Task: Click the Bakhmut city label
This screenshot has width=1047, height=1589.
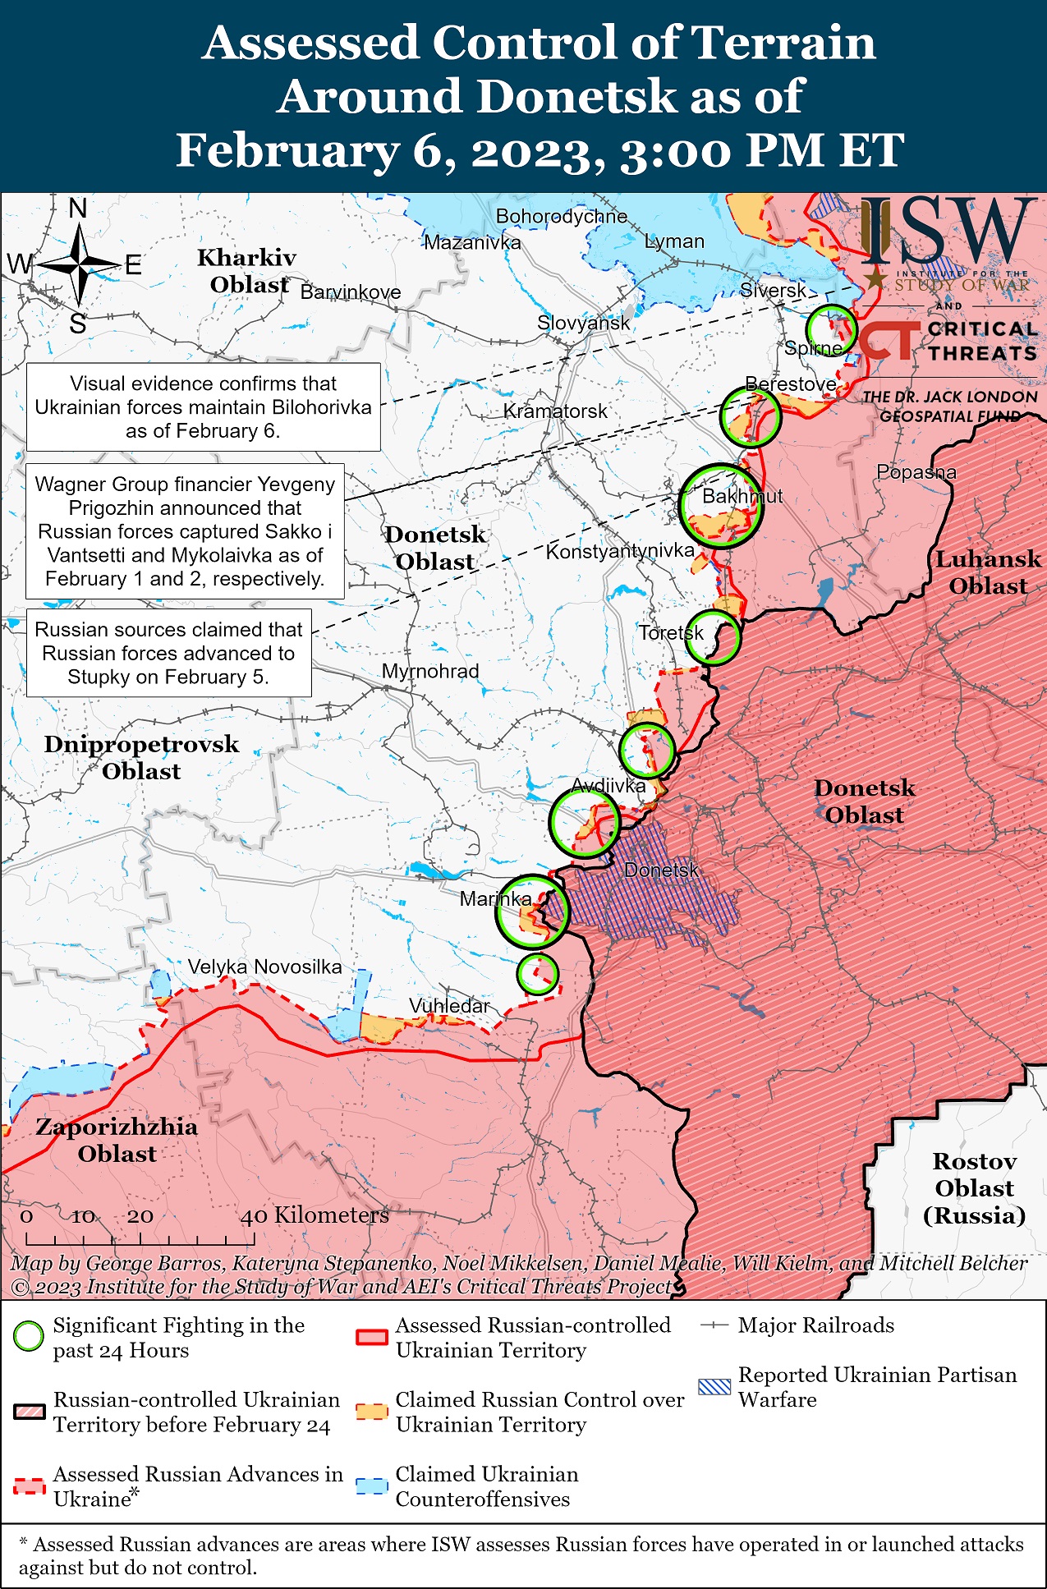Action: pyautogui.click(x=742, y=496)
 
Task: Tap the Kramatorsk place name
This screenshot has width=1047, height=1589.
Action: pyautogui.click(x=555, y=411)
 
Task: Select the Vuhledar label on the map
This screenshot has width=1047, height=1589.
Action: pyautogui.click(x=449, y=1006)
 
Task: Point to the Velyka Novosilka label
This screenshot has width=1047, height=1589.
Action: pyautogui.click(x=264, y=967)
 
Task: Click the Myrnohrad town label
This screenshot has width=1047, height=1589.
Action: pyautogui.click(x=430, y=671)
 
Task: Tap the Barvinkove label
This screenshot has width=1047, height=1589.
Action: pyautogui.click(x=351, y=292)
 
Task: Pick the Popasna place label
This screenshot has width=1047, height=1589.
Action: pyautogui.click(x=916, y=472)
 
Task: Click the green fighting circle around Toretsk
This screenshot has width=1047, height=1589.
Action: pyautogui.click(x=713, y=637)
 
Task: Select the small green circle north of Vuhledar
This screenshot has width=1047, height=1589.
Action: pyautogui.click(x=538, y=974)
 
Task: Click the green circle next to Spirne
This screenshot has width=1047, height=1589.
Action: pyautogui.click(x=830, y=329)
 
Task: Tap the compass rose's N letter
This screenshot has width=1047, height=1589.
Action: pyautogui.click(x=77, y=209)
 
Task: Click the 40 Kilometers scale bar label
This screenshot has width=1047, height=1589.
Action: pyautogui.click(x=314, y=1215)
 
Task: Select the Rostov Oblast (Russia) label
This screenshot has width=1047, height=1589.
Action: pyautogui.click(x=974, y=1187)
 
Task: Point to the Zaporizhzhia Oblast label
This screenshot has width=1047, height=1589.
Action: pyautogui.click(x=117, y=1140)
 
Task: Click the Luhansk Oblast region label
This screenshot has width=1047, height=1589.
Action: pyautogui.click(x=988, y=572)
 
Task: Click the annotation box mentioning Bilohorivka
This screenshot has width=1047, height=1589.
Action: pyautogui.click(x=203, y=407)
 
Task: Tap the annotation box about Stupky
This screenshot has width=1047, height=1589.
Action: pyautogui.click(x=168, y=653)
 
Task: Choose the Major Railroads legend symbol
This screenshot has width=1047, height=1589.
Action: pyautogui.click(x=714, y=1325)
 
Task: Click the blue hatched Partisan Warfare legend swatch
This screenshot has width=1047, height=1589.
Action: pyautogui.click(x=714, y=1387)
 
